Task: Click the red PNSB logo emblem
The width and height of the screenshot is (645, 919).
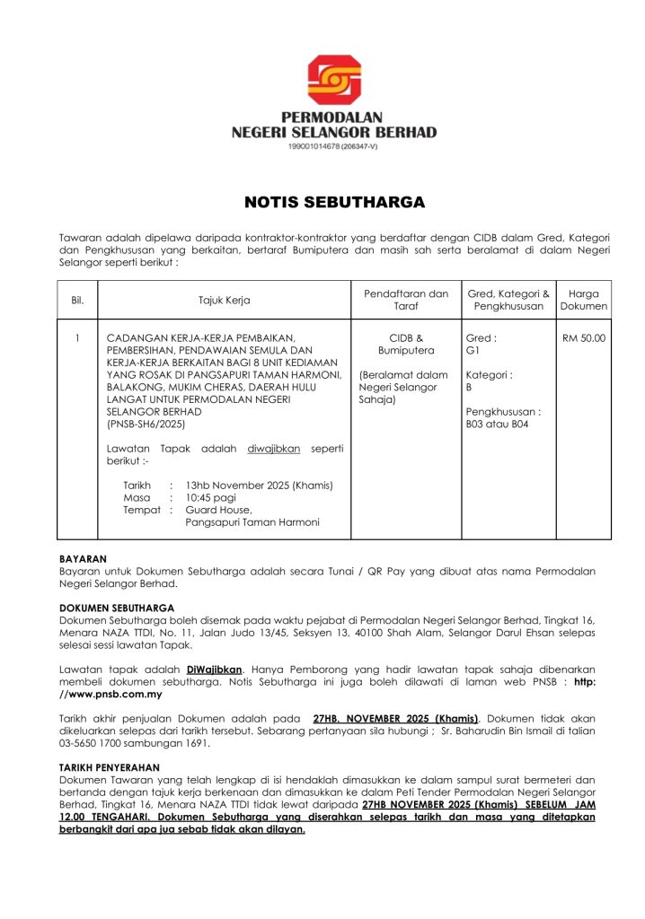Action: pos(334,80)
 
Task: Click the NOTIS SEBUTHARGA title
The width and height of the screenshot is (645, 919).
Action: pos(334,203)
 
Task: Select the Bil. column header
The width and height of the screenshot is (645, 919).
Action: pos(77,300)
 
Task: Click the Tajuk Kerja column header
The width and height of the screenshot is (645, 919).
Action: pos(224,300)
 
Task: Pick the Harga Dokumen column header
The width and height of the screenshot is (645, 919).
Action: pos(583,300)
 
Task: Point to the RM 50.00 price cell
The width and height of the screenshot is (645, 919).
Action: pos(583,338)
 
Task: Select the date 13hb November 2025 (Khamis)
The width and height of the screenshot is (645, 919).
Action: pos(259,485)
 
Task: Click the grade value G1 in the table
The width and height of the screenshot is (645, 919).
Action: pos(473,350)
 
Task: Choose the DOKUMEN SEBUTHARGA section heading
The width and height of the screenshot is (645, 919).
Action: pos(117,608)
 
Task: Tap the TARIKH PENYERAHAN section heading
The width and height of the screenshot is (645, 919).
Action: pos(109,767)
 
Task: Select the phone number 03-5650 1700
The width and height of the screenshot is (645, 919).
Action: pos(95,743)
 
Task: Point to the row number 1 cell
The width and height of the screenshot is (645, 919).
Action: pos(77,338)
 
